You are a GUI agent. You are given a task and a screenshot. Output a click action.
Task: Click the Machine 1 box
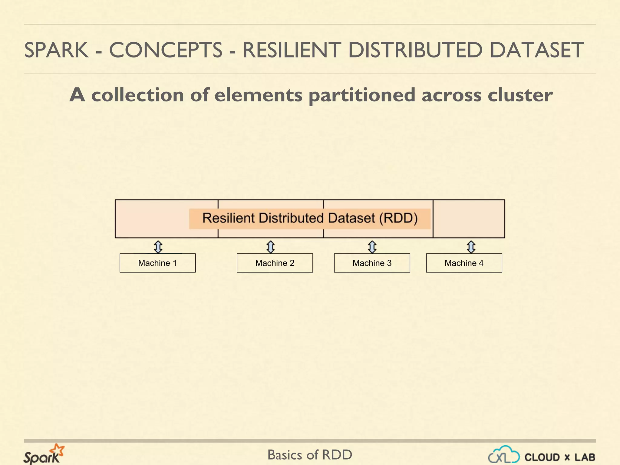[x=157, y=263]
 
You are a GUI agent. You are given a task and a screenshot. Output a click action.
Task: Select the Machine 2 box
[x=275, y=263]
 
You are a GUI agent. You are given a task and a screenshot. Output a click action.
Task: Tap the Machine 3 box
[x=372, y=263]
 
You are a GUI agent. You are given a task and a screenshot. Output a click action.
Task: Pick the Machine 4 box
[x=464, y=263]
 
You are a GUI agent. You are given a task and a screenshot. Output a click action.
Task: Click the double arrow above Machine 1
[x=158, y=247]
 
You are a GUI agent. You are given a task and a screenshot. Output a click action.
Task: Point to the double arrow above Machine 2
[x=270, y=247]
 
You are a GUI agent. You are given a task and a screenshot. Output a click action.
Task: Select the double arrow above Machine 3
[x=372, y=247]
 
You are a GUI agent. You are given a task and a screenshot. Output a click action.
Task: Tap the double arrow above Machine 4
[x=471, y=247]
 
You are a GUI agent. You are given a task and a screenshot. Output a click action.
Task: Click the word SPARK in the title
[x=56, y=50]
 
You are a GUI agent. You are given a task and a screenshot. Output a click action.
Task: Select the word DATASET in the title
[x=536, y=50]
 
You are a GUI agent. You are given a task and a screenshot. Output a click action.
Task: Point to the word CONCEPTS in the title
[x=166, y=50]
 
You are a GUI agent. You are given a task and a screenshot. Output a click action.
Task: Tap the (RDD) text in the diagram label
[x=398, y=218]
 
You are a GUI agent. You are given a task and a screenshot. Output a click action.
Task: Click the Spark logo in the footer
[x=44, y=454]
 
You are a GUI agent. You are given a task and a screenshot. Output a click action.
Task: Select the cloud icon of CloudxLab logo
[x=504, y=455]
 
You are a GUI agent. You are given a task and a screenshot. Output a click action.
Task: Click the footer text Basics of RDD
[x=310, y=455]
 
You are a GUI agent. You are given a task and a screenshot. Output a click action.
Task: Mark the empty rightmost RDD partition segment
[x=469, y=218]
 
